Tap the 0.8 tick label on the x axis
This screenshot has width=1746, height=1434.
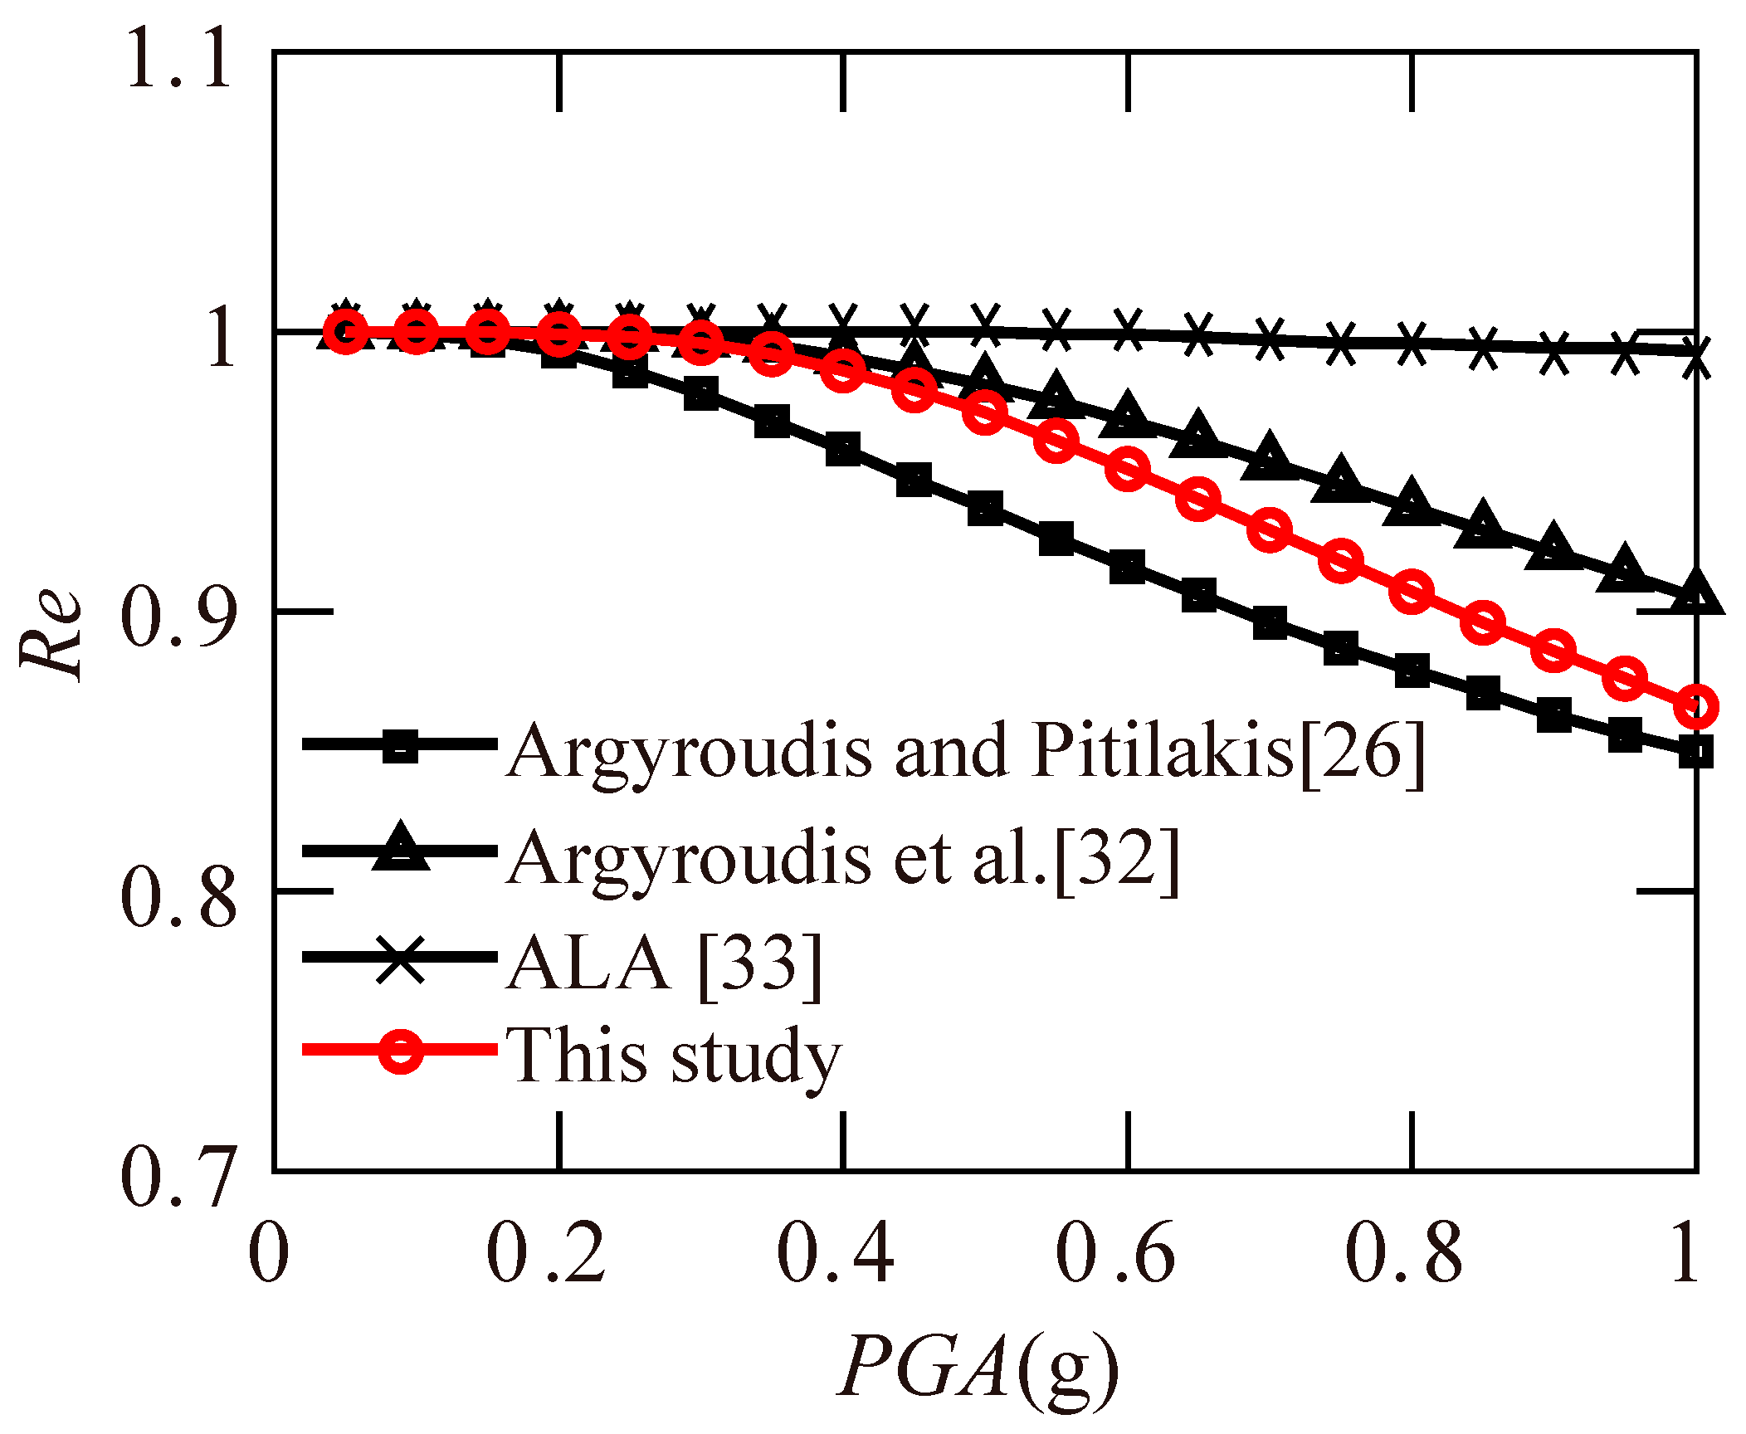[x=1403, y=1253]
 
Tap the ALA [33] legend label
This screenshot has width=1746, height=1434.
[x=664, y=963]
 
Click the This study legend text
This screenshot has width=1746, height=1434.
[x=674, y=1056]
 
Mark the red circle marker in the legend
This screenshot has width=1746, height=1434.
[x=401, y=1051]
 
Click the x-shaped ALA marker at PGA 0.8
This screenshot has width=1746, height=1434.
[x=1412, y=344]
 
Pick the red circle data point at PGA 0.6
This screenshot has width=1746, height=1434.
[x=1127, y=470]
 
